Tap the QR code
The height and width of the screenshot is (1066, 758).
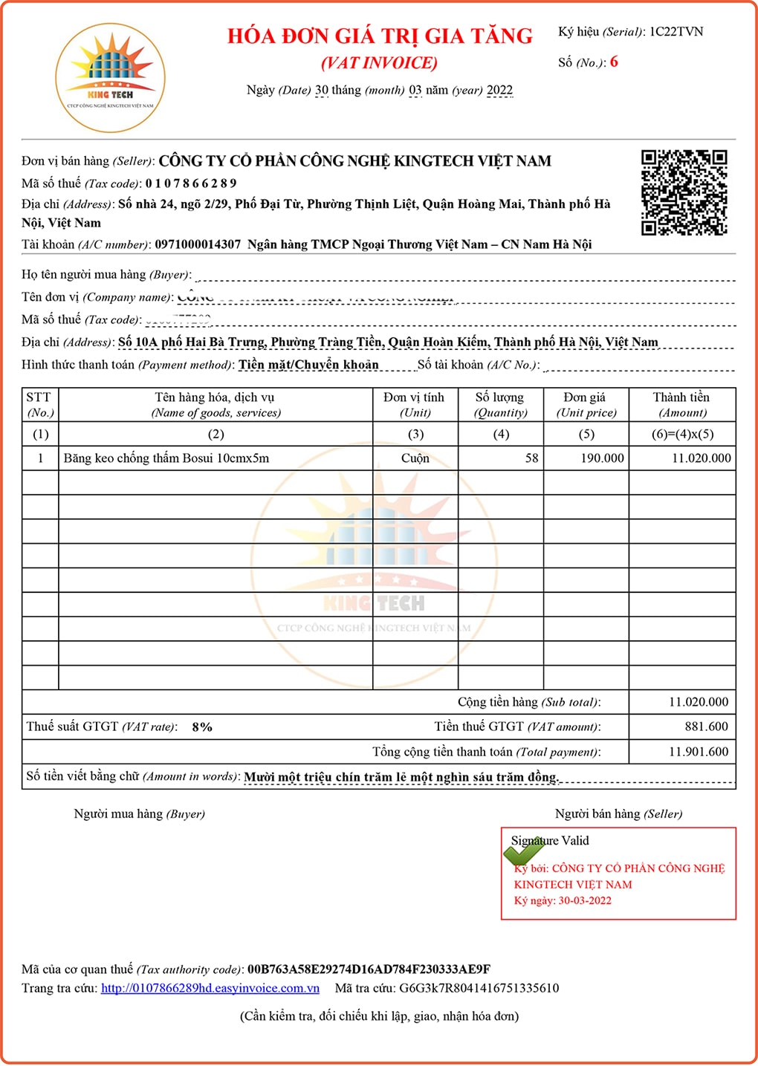[x=684, y=192]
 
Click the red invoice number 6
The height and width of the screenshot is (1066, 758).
[x=614, y=62]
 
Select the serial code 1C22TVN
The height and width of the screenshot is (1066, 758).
[x=676, y=32]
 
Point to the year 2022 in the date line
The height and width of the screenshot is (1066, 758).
[x=499, y=91]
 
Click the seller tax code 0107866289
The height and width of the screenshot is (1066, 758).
[x=191, y=183]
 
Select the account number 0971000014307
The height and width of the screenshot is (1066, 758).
[x=198, y=244]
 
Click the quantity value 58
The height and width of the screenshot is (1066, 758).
[x=531, y=458]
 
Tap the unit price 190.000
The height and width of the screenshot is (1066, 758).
[x=602, y=458]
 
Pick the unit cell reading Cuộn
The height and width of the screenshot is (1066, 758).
[x=415, y=458]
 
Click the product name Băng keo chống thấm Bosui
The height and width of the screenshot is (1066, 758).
[x=166, y=458]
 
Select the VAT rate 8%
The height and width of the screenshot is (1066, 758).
[x=202, y=727]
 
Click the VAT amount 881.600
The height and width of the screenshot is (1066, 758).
[x=706, y=727]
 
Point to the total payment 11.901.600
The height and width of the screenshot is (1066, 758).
[x=699, y=752]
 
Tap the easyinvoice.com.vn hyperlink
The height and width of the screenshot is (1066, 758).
[x=210, y=988]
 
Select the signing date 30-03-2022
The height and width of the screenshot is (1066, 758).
[x=585, y=900]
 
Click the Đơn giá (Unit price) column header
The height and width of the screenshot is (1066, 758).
[x=586, y=405]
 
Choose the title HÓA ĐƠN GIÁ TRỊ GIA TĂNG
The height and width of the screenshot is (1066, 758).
[x=380, y=36]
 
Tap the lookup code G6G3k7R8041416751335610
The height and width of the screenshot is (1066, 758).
[x=479, y=988]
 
